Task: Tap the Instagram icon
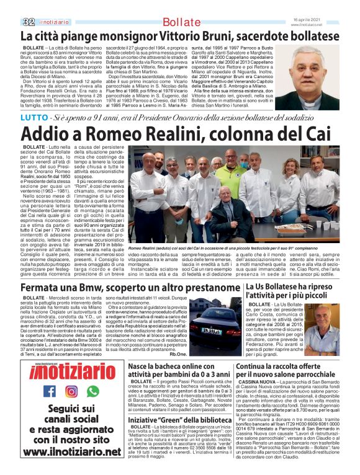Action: click(71, 391)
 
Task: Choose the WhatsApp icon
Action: click(92, 391)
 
